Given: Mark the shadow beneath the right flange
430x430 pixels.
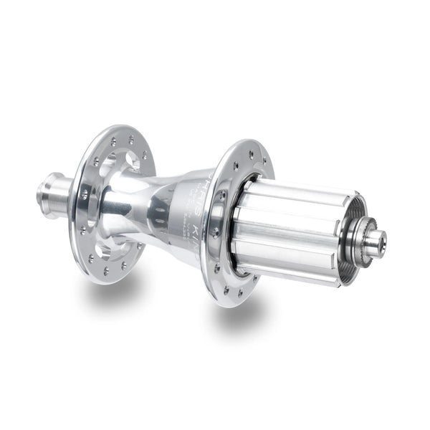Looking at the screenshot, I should coord(236,315).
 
